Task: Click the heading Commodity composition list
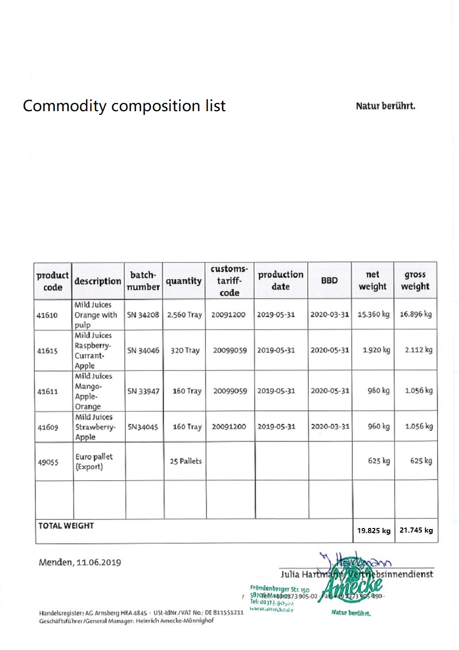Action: click(124, 106)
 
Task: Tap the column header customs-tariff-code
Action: click(229, 281)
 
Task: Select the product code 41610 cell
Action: click(47, 315)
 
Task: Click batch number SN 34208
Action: click(144, 315)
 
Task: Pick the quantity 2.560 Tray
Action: click(184, 315)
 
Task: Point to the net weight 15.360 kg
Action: click(373, 314)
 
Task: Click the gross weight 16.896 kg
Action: click(415, 314)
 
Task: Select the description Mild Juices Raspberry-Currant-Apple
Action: click(93, 350)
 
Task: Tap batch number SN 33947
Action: click(144, 391)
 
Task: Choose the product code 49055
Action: click(47, 462)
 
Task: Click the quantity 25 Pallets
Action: click(186, 461)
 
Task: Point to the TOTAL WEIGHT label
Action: click(66, 526)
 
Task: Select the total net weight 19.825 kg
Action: click(373, 531)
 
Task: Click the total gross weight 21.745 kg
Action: click(416, 530)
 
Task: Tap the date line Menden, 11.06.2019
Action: click(80, 562)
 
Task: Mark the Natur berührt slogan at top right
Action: click(385, 107)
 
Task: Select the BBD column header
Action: click(329, 281)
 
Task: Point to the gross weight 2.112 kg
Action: click(418, 350)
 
